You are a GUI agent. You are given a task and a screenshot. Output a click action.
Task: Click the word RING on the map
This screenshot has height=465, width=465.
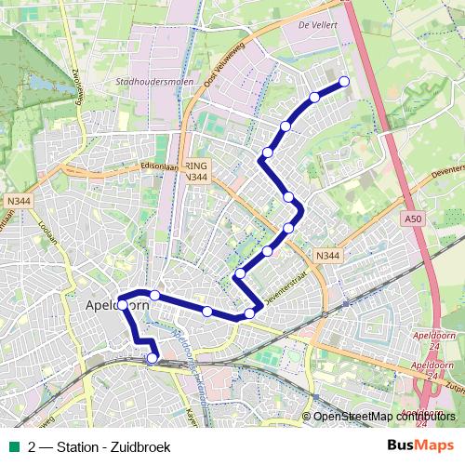[x=197, y=165]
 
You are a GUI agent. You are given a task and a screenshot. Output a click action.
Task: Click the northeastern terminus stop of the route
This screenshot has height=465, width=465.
[x=344, y=82]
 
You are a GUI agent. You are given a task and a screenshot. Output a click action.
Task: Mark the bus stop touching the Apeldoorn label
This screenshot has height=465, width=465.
[x=122, y=305]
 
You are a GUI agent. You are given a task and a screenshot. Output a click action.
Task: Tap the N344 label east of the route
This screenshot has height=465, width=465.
[x=326, y=255]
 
